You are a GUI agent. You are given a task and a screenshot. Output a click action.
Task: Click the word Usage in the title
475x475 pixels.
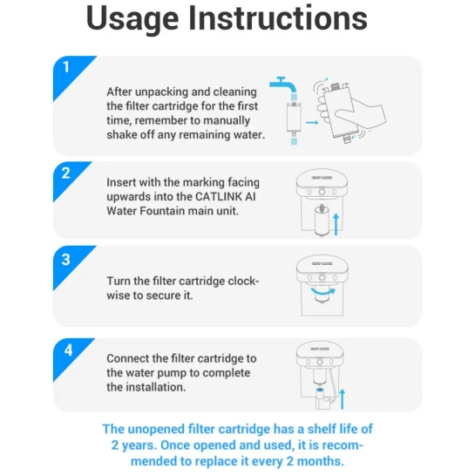tap(132, 19)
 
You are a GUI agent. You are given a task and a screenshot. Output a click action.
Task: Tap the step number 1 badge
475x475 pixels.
tap(69, 72)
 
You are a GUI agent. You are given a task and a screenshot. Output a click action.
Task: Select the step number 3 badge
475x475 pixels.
tap(69, 262)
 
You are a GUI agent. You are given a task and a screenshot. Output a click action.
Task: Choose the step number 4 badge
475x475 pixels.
tap(69, 354)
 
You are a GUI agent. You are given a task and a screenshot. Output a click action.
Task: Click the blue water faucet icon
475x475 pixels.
tap(283, 86)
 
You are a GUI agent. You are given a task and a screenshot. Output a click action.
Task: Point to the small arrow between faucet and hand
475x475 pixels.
tap(312, 123)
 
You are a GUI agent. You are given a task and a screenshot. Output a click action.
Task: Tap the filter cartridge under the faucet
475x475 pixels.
tap(294, 119)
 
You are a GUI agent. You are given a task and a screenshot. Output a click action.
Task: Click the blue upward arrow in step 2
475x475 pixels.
tap(336, 224)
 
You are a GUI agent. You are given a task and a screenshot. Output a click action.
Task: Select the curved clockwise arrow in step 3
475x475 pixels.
tap(323, 292)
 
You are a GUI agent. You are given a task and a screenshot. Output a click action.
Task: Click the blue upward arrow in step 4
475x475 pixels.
tap(343, 399)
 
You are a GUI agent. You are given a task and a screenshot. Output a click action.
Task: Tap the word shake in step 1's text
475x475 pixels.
tap(122, 134)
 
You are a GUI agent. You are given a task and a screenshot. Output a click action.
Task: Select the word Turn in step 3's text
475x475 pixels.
tap(119, 282)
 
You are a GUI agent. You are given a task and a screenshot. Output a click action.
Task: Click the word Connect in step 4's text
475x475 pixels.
tap(128, 358)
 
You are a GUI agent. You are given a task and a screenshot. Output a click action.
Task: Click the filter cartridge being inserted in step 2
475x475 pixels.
tap(322, 221)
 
